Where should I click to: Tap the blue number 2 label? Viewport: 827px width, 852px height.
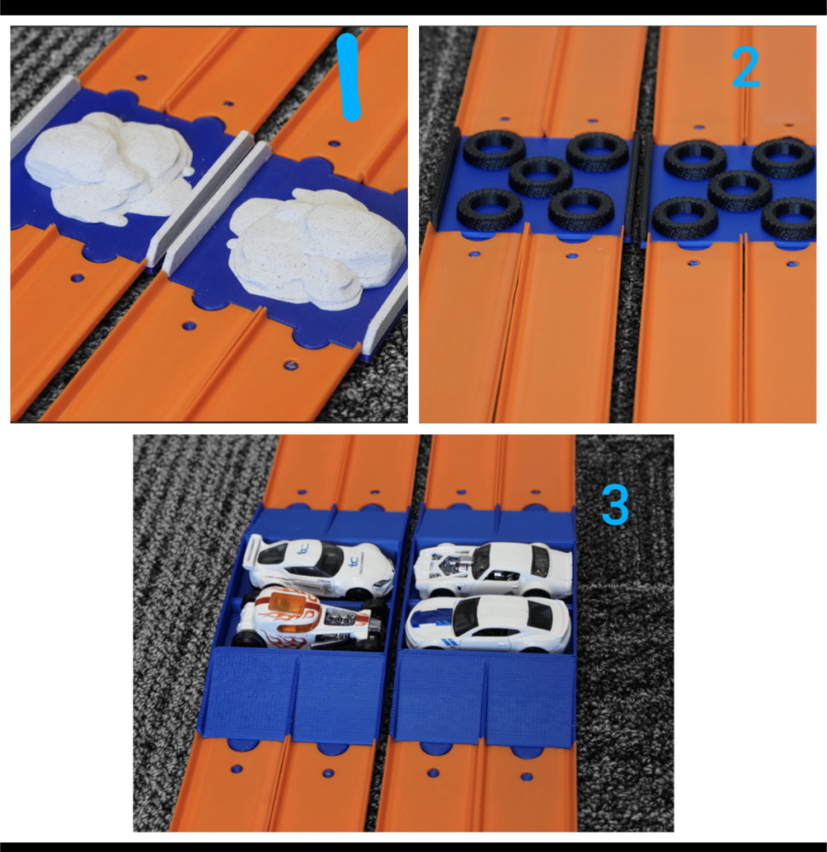click(x=745, y=67)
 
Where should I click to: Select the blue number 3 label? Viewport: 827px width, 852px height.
click(x=615, y=505)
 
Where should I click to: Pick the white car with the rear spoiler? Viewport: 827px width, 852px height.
click(x=319, y=565)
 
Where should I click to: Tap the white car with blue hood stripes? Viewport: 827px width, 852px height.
click(x=488, y=622)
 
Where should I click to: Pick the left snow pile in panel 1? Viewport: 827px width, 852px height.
click(x=108, y=167)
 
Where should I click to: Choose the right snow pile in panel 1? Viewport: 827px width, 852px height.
click(x=317, y=248)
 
